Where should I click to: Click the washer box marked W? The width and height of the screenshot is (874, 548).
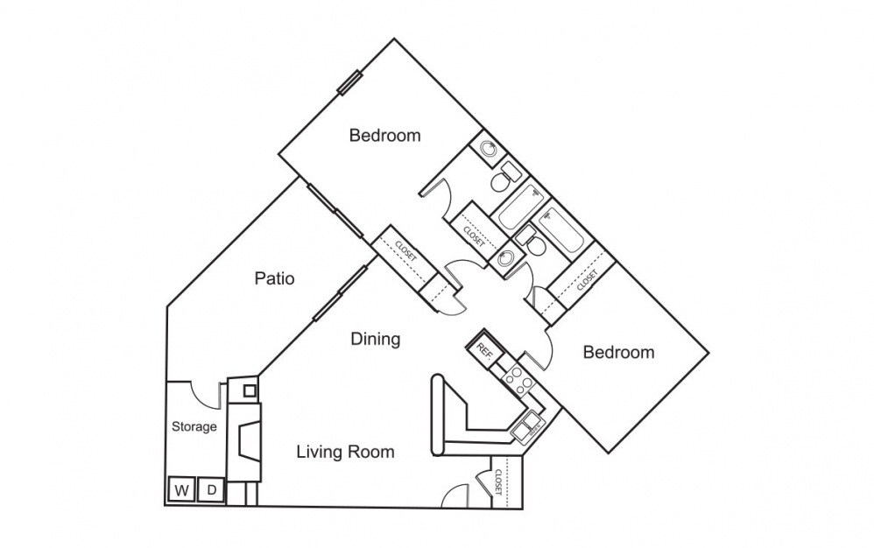pos(181,489)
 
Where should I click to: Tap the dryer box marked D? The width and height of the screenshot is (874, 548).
pos(212,489)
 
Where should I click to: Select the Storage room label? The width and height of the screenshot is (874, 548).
pos(194,427)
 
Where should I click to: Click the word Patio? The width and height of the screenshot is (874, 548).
pos(274,279)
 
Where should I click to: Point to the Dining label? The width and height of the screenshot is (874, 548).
pos(376,339)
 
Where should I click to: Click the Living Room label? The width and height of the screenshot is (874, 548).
pos(345,452)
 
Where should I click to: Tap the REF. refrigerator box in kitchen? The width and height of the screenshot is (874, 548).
pos(483,349)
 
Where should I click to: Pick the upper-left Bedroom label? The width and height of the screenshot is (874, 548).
pos(384,136)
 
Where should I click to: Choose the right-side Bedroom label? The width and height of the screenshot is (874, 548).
pos(618,353)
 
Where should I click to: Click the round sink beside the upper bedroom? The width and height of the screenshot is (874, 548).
pos(489,149)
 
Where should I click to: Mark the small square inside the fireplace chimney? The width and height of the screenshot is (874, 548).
pos(250,390)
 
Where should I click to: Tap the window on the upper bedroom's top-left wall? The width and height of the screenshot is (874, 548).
pos(350,81)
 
